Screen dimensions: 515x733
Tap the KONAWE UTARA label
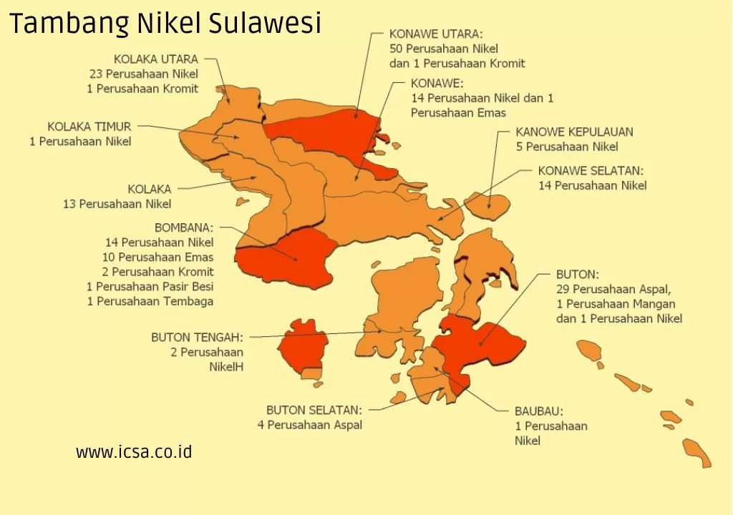tap(436, 34)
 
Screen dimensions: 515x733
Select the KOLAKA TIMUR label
tap(89, 127)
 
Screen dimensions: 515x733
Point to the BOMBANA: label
tap(184, 227)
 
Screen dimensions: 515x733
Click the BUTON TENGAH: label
tap(197, 337)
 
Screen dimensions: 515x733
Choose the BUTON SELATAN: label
tap(314, 410)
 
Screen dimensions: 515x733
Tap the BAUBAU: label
tap(538, 411)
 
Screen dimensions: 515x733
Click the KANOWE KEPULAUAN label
tap(574, 132)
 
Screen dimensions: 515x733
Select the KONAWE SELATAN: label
tap(591, 171)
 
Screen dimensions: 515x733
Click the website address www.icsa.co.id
tap(134, 452)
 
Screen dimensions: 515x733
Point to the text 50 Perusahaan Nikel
tap(444, 49)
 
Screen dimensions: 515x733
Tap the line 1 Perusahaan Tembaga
tap(150, 301)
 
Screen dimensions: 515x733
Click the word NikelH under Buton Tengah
tap(226, 367)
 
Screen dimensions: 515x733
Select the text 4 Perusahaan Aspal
tap(310, 425)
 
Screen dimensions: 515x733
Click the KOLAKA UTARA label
tap(155, 59)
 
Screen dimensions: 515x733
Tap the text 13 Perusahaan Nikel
tap(117, 204)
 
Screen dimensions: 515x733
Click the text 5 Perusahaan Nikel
tap(567, 147)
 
